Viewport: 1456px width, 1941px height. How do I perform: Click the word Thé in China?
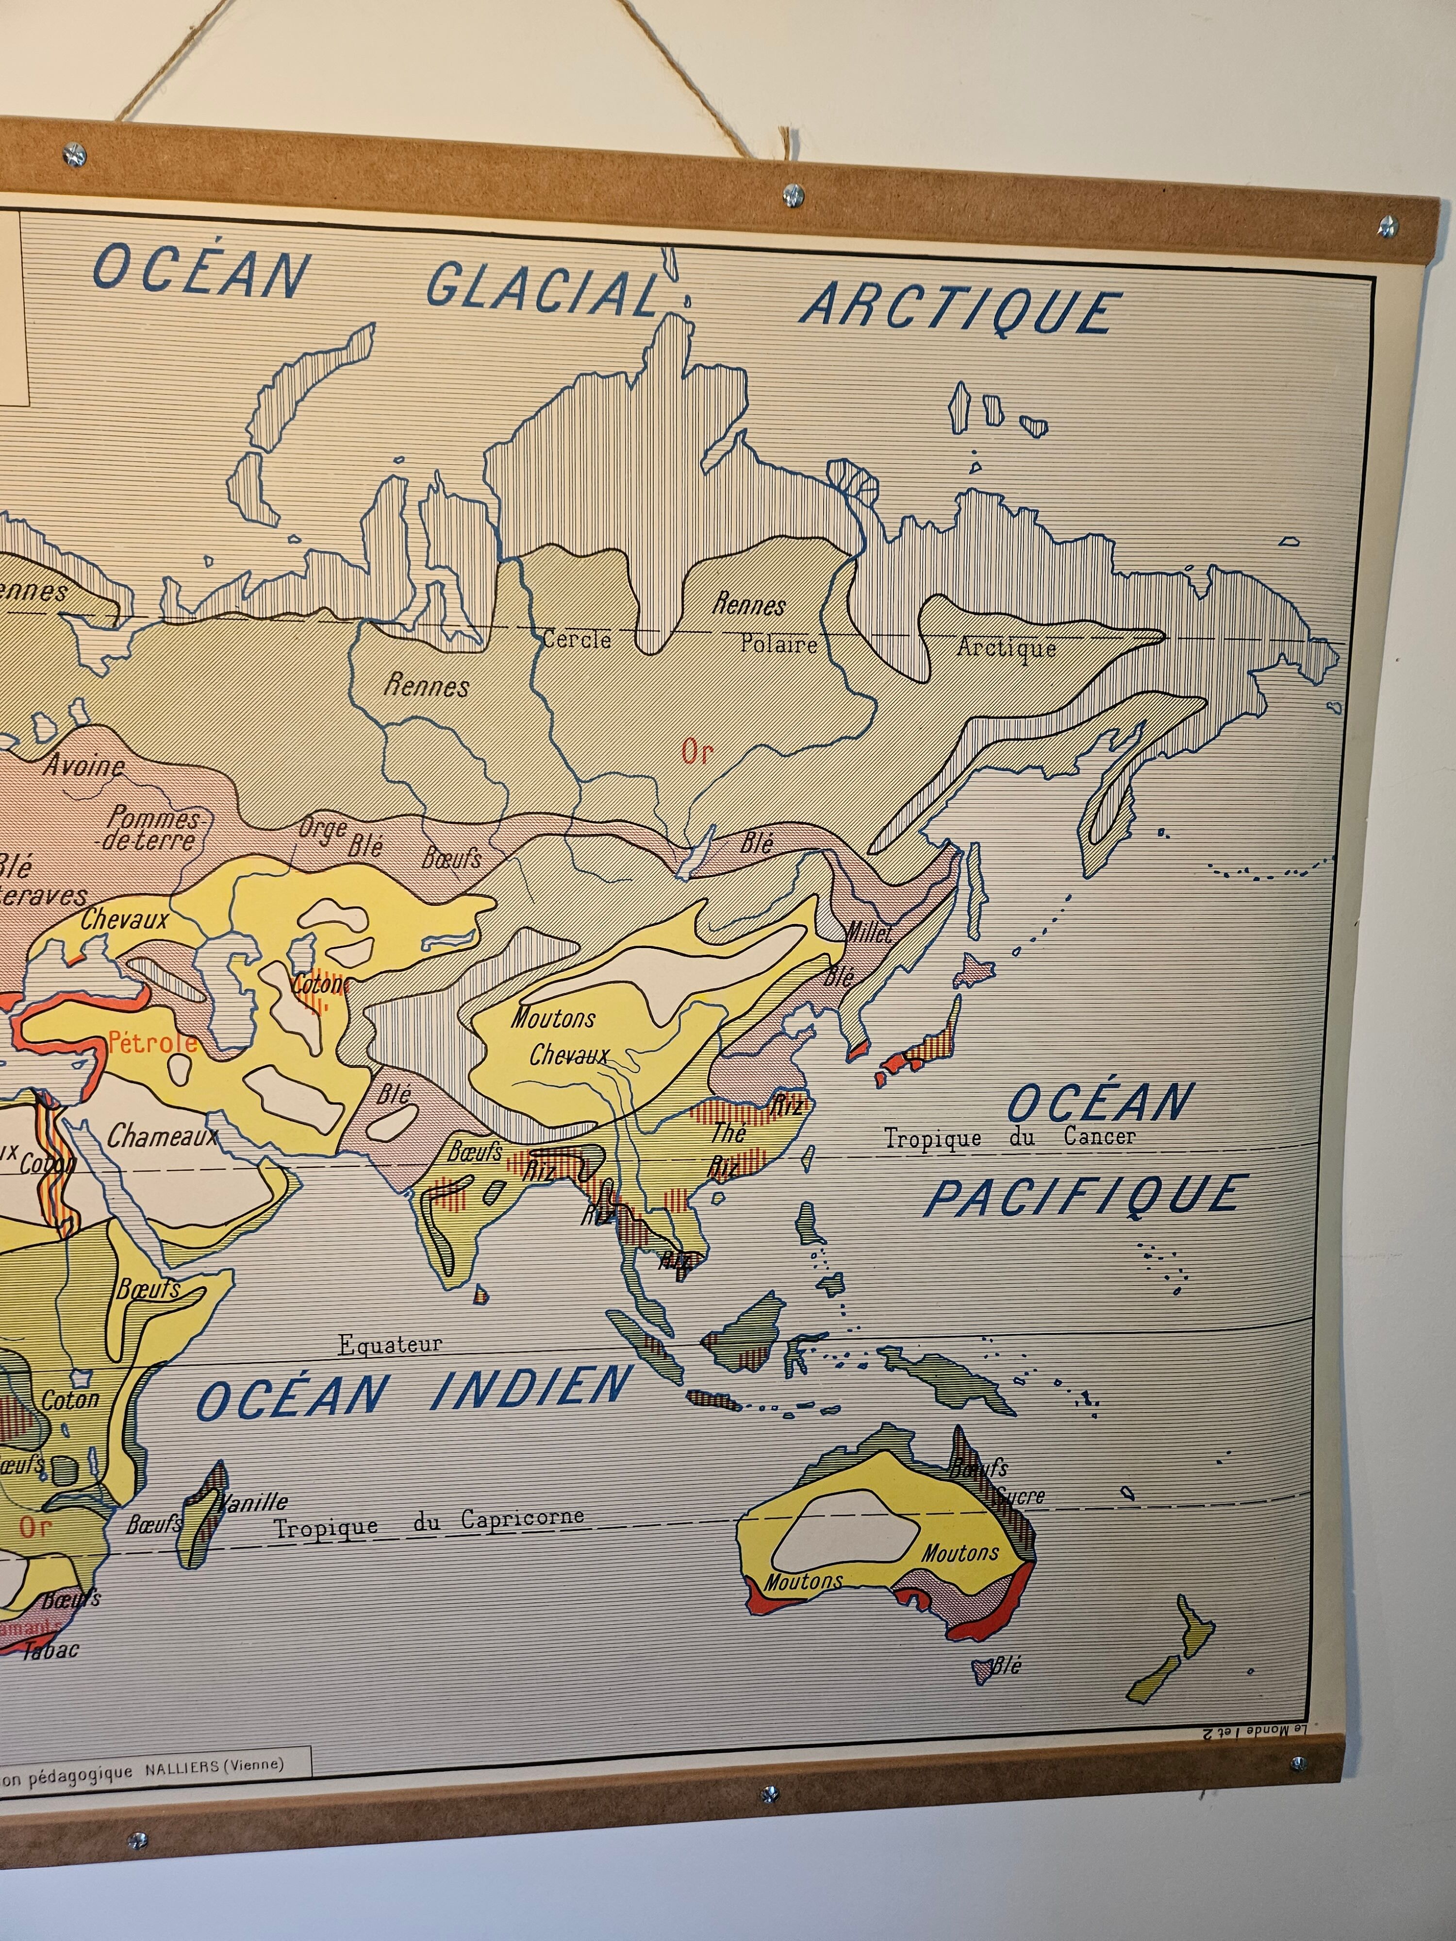728,1132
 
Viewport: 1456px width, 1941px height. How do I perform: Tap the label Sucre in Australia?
1020,1496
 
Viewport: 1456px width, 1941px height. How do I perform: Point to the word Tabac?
51,1650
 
